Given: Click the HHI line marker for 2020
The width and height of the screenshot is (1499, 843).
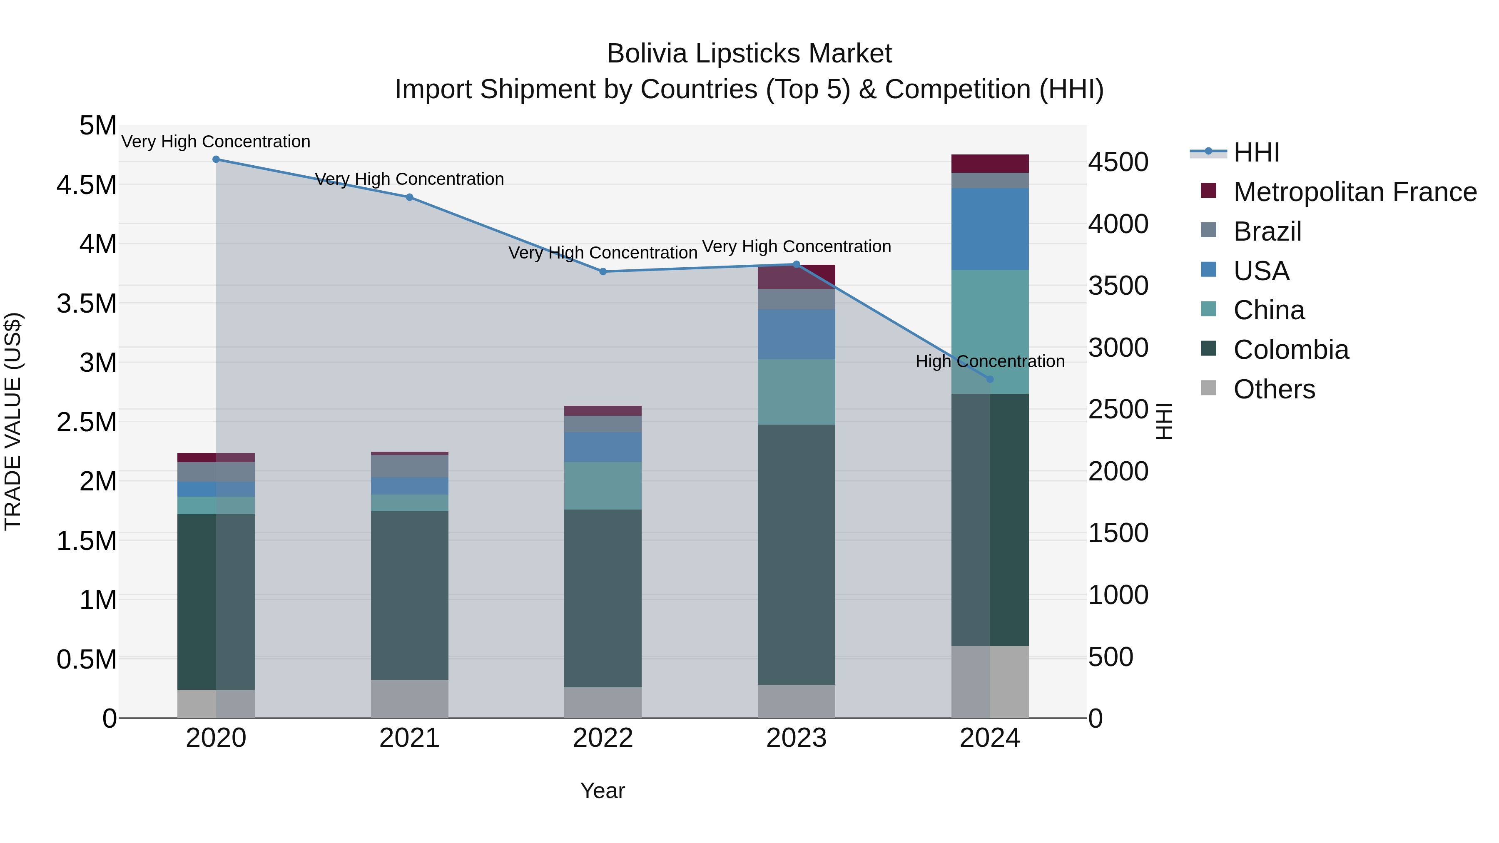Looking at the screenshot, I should click(x=216, y=159).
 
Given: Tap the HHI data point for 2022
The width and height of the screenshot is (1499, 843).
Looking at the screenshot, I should click(x=603, y=272).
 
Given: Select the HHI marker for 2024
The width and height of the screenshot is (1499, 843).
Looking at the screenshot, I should click(x=990, y=379).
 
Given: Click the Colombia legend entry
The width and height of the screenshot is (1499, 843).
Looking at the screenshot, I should click(x=1291, y=350).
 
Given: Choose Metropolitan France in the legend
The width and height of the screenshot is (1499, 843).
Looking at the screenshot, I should click(x=1355, y=192).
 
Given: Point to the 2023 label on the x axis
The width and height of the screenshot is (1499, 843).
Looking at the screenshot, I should click(x=796, y=738).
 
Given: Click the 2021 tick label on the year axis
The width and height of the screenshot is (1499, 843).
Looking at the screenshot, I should click(x=409, y=738).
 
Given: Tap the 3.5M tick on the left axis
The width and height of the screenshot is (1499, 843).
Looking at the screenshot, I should click(x=87, y=304).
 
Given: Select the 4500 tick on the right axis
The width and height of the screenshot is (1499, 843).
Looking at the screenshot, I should click(x=1118, y=162).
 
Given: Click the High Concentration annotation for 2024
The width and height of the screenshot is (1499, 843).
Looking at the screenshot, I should click(x=990, y=361).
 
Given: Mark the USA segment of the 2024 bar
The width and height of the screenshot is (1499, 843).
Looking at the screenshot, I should click(x=990, y=229).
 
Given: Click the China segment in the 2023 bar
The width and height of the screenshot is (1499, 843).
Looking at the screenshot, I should click(x=796, y=392).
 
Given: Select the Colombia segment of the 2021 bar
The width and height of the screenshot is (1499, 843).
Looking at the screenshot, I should click(x=409, y=595).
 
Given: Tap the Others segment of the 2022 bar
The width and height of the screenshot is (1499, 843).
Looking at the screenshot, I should click(x=603, y=702).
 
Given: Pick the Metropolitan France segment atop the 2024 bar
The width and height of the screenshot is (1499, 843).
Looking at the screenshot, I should click(x=990, y=164).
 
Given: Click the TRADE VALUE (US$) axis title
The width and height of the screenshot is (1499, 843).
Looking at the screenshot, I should click(x=13, y=421).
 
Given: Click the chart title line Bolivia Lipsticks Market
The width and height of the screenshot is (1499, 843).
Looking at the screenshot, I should click(x=749, y=54).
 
